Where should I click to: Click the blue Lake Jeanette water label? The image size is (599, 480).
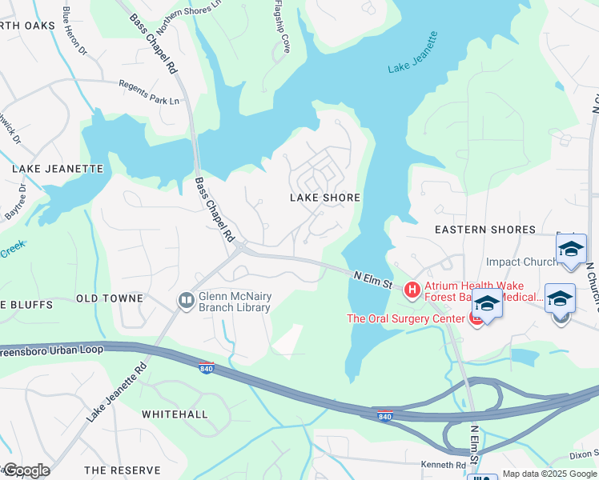pyautogui.click(x=412, y=54)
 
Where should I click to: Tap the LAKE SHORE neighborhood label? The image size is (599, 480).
pyautogui.click(x=324, y=198)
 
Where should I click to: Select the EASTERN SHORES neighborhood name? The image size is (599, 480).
pyautogui.click(x=484, y=230)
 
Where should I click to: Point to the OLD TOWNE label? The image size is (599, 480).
pyautogui.click(x=109, y=298)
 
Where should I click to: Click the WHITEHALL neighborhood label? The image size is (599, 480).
pyautogui.click(x=175, y=414)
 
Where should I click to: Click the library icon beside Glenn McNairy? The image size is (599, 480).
pyautogui.click(x=186, y=300)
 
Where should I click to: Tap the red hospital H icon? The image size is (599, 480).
pyautogui.click(x=412, y=290)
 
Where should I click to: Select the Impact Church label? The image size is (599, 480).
pyautogui.click(x=521, y=262)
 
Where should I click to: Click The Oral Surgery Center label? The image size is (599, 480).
pyautogui.click(x=405, y=318)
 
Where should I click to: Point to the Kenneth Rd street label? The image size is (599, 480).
pyautogui.click(x=443, y=465)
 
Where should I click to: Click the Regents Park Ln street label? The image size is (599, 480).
pyautogui.click(x=149, y=91)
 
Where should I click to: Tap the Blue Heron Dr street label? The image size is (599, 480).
pyautogui.click(x=74, y=33)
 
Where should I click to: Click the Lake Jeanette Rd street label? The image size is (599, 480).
pyautogui.click(x=117, y=392)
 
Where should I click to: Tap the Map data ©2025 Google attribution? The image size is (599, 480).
pyautogui.click(x=549, y=474)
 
